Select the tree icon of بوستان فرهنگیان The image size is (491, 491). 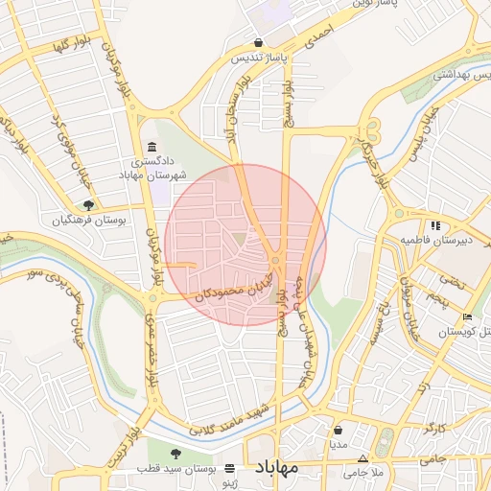pyautogui.click(x=89, y=204)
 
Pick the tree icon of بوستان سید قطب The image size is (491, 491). pyautogui.click(x=175, y=453)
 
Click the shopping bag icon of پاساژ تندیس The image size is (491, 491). pyautogui.click(x=259, y=43)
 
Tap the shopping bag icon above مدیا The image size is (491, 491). pyautogui.click(x=339, y=431)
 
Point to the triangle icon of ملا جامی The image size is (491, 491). pyautogui.click(x=363, y=458)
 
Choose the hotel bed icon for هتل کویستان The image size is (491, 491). pyautogui.click(x=467, y=317)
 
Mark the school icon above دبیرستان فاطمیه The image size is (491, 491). pyautogui.click(x=435, y=225)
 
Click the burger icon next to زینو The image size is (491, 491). pyautogui.click(x=229, y=468)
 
